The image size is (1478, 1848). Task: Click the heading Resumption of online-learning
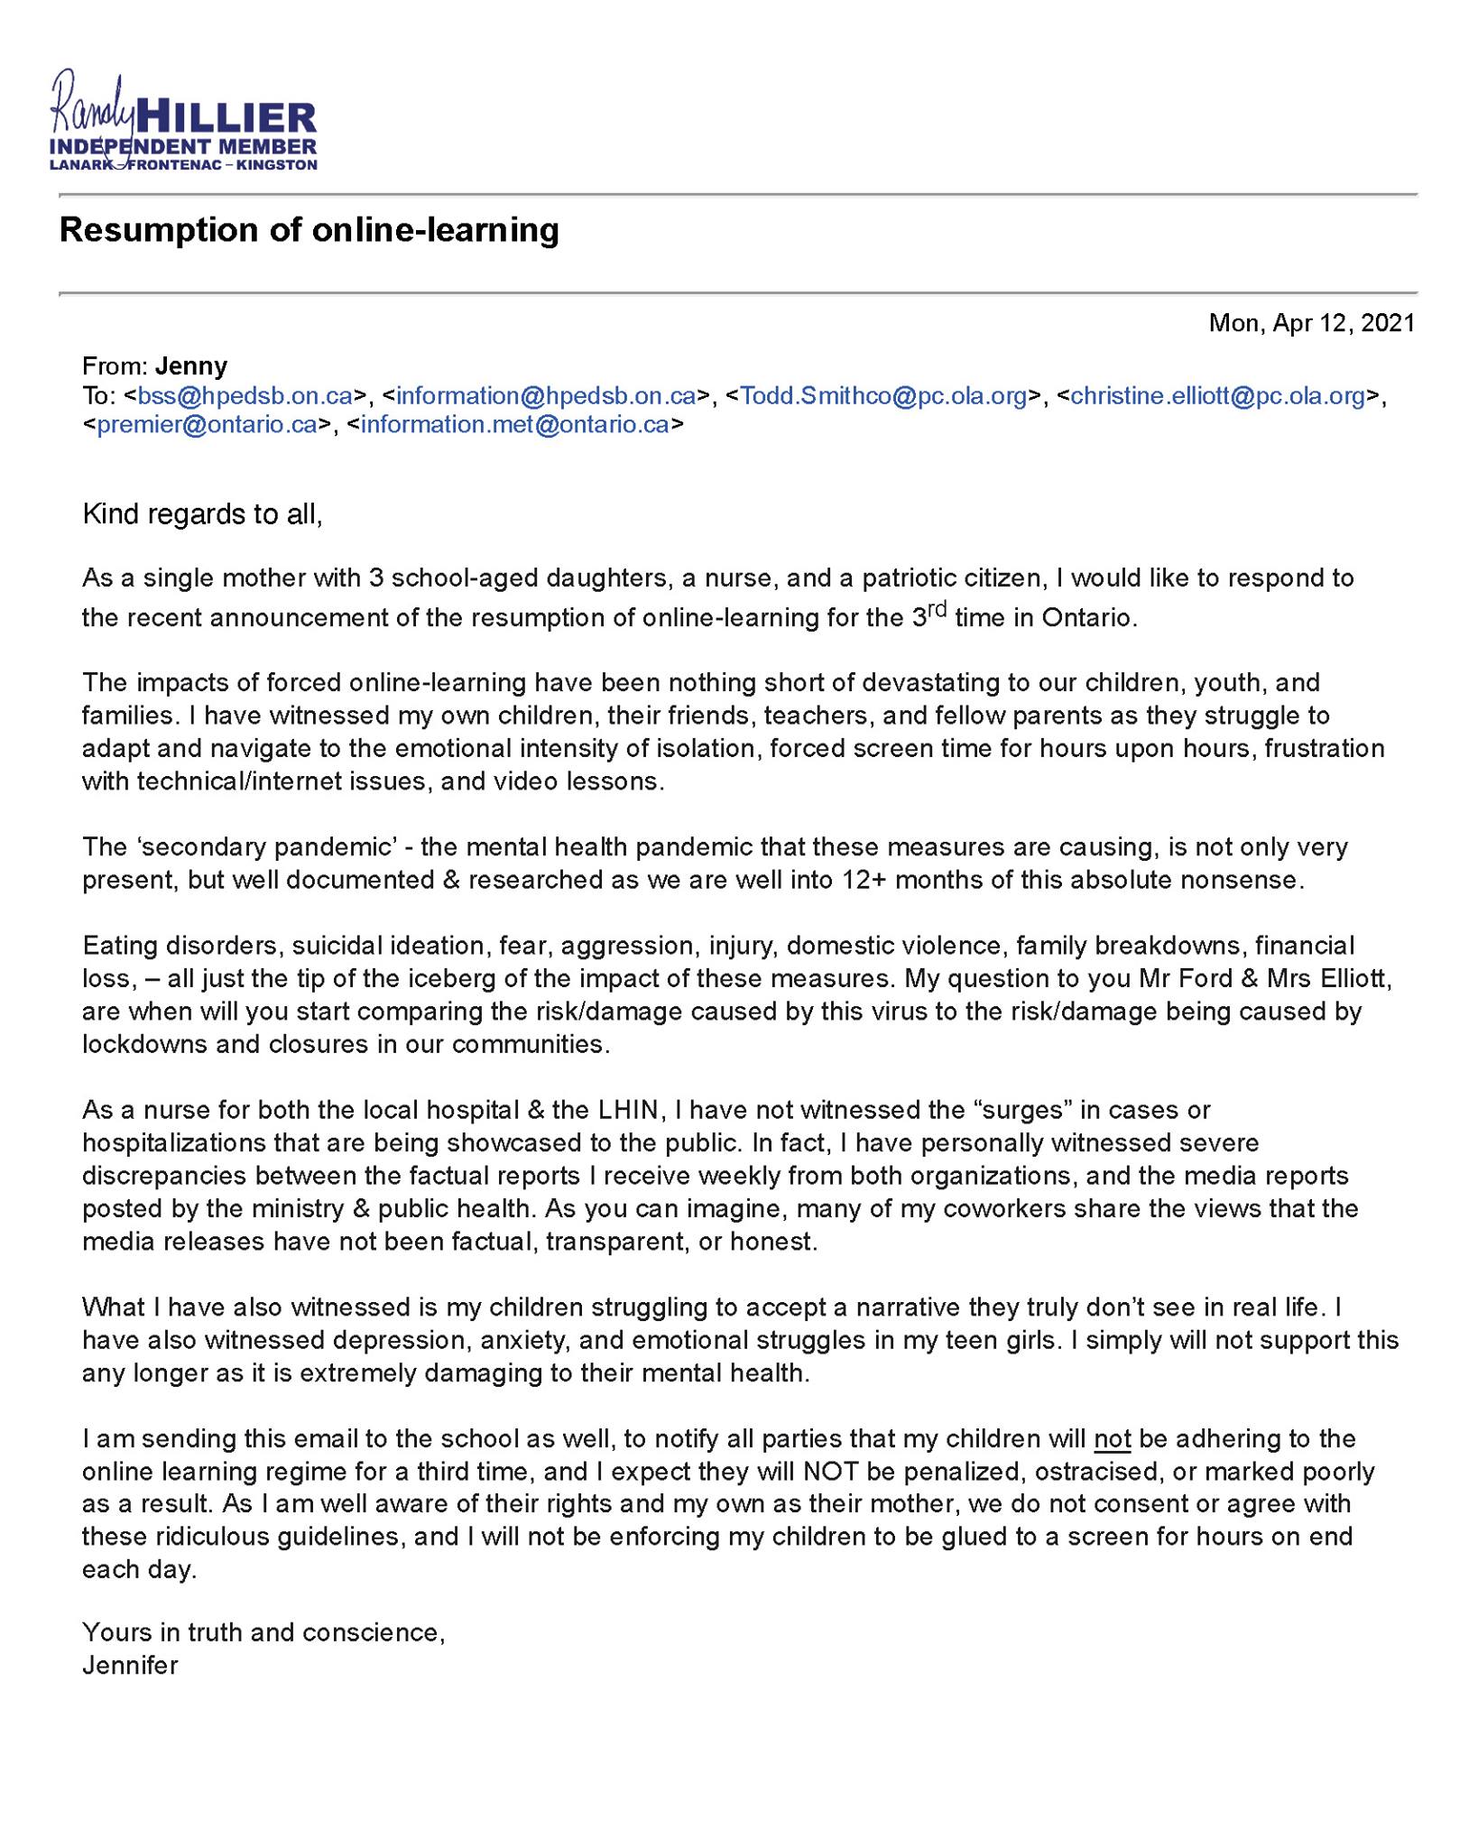309,230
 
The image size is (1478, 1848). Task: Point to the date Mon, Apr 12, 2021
1311,323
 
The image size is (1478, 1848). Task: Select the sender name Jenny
191,365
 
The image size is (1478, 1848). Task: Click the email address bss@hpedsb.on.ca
245,395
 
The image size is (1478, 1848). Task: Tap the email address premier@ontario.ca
207,425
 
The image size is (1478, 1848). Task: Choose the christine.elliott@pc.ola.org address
1217,395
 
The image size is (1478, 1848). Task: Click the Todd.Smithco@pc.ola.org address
883,395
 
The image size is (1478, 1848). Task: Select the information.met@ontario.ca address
514,425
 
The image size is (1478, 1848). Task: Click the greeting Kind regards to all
202,514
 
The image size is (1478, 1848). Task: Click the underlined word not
1112,1438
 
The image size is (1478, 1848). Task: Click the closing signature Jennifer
130,1665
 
